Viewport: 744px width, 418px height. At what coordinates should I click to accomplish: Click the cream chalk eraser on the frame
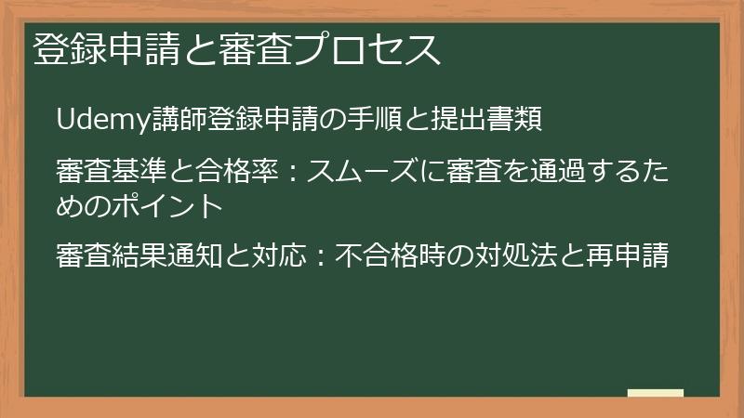pos(656,393)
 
